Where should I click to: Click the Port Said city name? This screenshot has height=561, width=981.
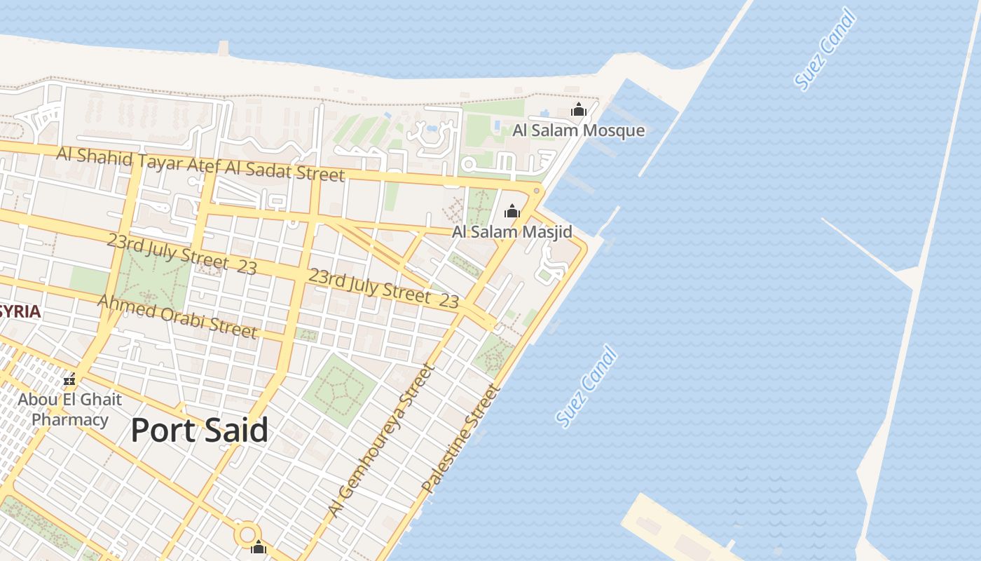200,430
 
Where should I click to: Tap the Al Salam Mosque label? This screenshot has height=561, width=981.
579,130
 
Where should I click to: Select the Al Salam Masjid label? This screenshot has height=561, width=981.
512,231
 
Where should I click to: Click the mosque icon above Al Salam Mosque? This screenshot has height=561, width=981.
579,110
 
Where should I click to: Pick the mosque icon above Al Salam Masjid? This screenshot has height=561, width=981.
512,211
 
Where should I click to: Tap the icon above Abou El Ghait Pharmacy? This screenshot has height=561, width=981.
69,380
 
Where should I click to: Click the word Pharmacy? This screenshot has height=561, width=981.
70,420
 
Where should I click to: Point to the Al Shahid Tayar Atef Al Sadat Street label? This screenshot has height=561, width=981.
200,163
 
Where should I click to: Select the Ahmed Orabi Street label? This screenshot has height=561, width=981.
177,316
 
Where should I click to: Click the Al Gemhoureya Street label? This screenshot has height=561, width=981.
383,440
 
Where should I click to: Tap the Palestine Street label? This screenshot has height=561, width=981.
462,438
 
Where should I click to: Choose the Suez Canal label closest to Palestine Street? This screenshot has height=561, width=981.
586,386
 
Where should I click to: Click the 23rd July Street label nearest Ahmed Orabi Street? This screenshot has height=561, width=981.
182,254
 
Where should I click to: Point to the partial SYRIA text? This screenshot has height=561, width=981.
20,312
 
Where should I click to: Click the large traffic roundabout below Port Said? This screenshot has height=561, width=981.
247,534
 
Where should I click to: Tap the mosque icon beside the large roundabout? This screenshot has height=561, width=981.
259,547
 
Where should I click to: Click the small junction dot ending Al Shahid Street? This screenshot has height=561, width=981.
537,190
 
